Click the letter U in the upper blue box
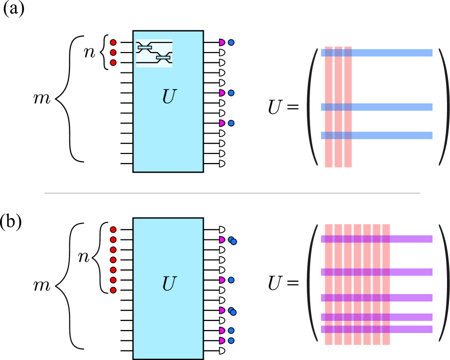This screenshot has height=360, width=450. coord(169,97)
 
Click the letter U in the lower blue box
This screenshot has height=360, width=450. coord(169,284)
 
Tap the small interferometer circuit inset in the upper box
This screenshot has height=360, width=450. coord(154,53)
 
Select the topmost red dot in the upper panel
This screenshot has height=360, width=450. coord(113,42)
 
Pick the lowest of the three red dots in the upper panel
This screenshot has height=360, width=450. coord(113,62)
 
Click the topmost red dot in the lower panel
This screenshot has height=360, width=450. coord(113,229)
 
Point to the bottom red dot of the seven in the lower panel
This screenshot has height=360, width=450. coord(113,290)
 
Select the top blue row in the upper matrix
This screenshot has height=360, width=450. coord(390,53)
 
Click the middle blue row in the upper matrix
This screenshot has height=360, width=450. coord(390,107)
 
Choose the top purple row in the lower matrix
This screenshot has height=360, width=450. coord(410,239)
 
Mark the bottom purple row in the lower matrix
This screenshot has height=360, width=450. coord(410,329)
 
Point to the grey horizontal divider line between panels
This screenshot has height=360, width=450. coord(232,193)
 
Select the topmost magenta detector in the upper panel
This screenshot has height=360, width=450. coord(222,42)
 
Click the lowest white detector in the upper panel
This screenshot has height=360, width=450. coord(222,163)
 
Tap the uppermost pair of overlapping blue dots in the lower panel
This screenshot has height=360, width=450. coord(232,240)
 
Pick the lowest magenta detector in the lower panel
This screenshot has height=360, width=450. coord(222,340)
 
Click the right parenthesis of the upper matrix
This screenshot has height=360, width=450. coord(444,107)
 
